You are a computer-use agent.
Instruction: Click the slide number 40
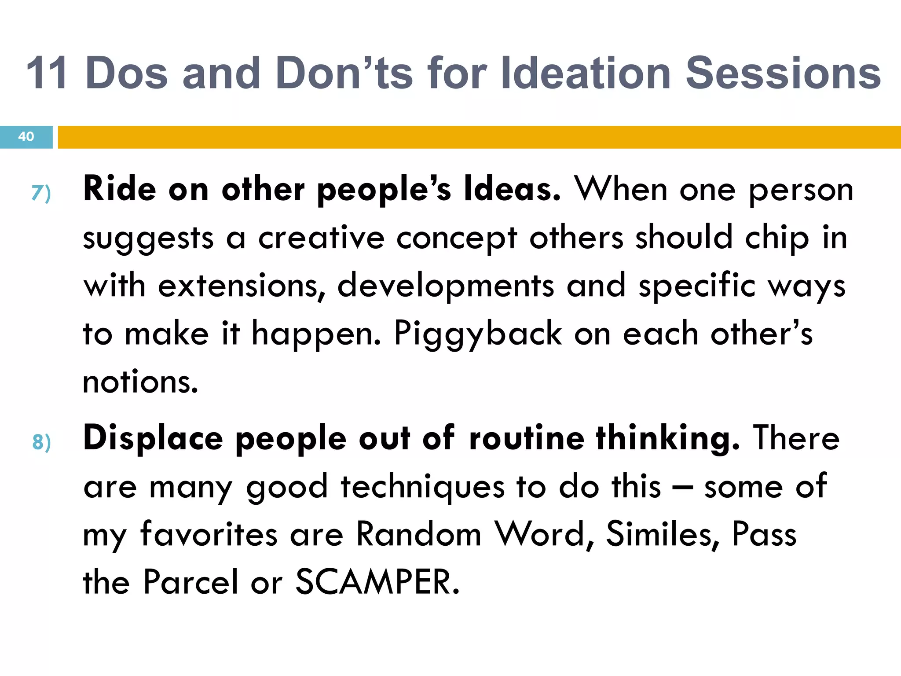point(26,136)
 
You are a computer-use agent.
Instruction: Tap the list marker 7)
point(41,193)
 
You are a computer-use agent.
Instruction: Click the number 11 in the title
point(48,73)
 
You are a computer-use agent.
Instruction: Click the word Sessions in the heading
point(783,73)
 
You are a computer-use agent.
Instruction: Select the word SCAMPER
point(377,582)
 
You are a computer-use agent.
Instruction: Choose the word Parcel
point(190,582)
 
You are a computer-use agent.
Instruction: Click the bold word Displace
point(153,438)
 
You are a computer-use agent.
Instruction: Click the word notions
point(140,382)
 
